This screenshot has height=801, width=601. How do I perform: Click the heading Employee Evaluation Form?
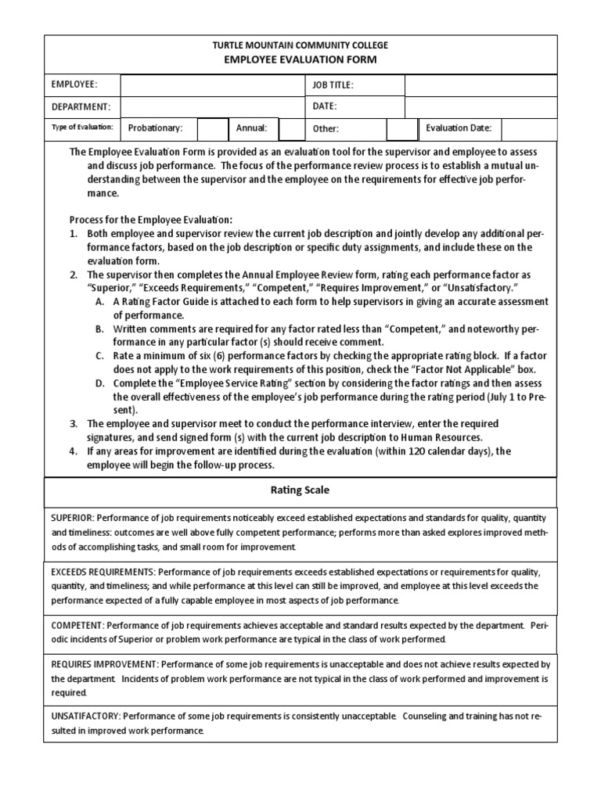[300, 59]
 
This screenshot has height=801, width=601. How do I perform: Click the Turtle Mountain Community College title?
[300, 45]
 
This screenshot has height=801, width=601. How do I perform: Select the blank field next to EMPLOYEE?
[211, 85]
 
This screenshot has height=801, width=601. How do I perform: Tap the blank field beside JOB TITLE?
[480, 85]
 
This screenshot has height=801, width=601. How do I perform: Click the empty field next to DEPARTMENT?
[211, 106]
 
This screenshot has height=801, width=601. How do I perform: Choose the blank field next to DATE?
[480, 106]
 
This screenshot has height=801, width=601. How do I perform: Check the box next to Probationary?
[212, 128]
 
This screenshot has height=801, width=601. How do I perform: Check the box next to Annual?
[291, 128]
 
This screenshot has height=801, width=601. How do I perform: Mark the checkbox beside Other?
[402, 128]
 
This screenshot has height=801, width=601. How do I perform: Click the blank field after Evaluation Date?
[529, 128]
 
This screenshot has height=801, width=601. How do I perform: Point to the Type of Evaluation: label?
[82, 128]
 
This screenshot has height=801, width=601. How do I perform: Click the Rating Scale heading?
[300, 490]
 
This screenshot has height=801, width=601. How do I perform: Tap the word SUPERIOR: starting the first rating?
[71, 519]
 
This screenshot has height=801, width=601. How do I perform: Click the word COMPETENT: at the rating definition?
[77, 626]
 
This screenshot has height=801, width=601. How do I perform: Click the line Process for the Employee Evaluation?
[151, 220]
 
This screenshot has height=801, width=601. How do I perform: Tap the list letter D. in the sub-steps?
[100, 383]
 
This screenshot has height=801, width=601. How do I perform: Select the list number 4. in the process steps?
[73, 451]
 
